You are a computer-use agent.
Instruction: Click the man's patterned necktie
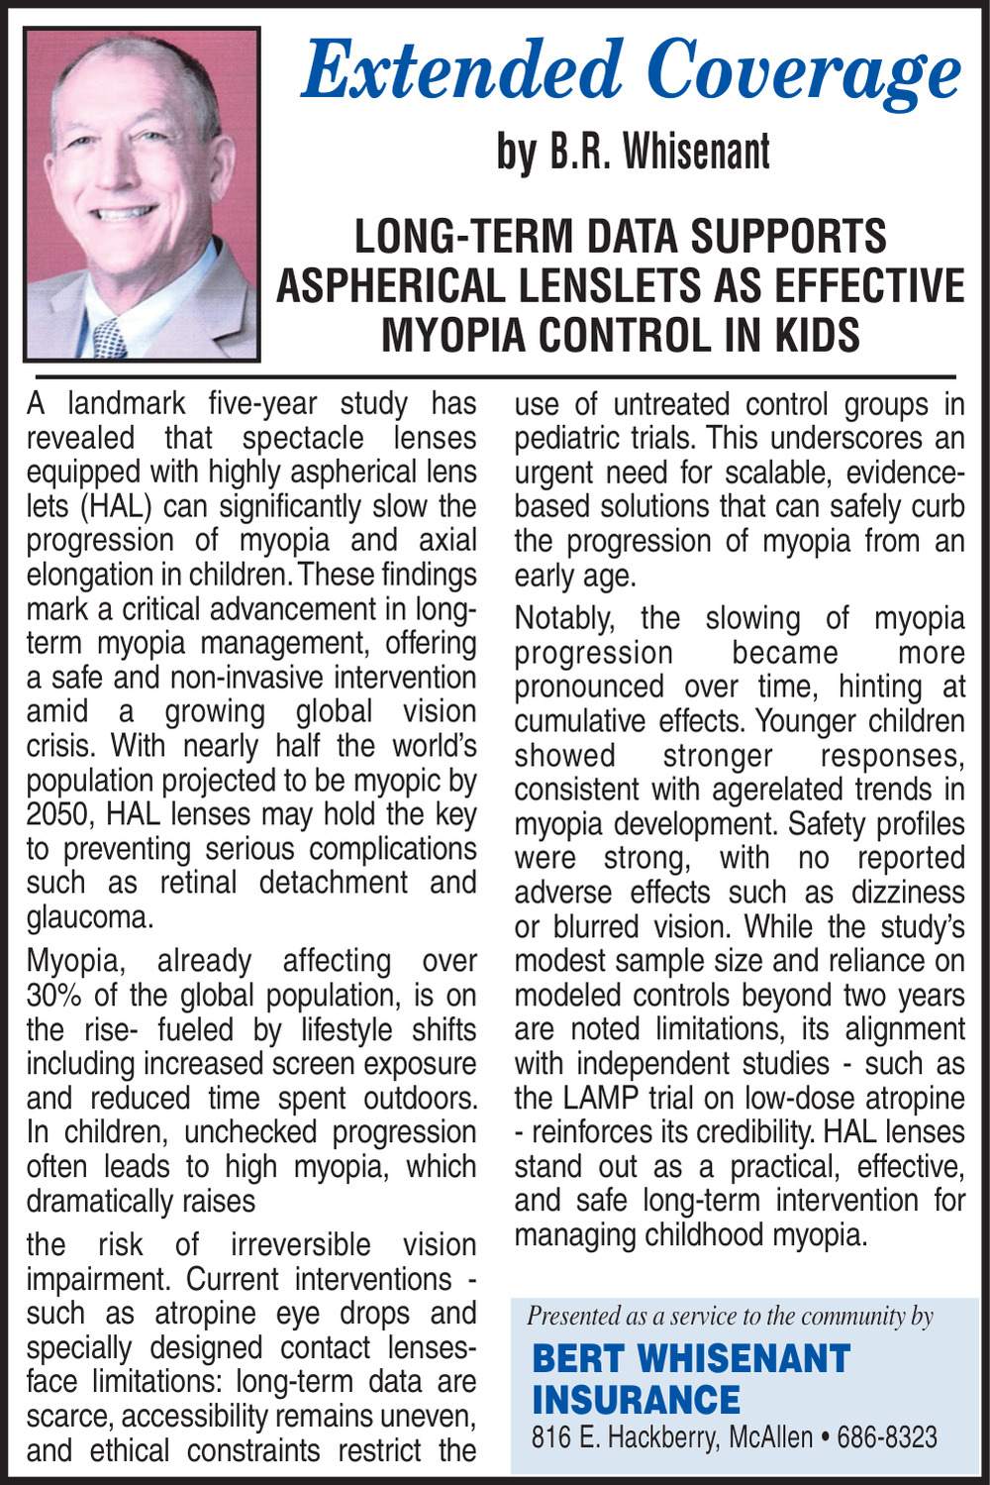tap(110, 338)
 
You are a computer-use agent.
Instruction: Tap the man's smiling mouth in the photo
tap(124, 212)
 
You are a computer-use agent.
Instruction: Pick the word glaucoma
tap(89, 917)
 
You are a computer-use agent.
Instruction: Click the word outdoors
tap(420, 1098)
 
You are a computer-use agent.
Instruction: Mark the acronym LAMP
tap(605, 1098)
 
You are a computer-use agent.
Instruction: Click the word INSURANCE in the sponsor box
tap(636, 1400)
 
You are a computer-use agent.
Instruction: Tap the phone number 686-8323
tap(887, 1437)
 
